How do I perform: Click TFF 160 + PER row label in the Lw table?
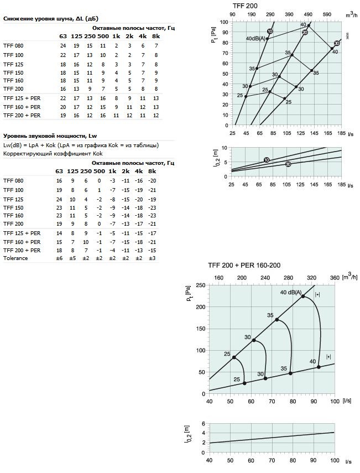(22, 242)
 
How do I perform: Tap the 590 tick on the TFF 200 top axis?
(327, 15)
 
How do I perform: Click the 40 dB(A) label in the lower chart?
(290, 292)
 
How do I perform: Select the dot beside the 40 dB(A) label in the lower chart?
(303, 297)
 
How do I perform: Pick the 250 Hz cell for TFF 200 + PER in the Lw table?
(86, 251)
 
